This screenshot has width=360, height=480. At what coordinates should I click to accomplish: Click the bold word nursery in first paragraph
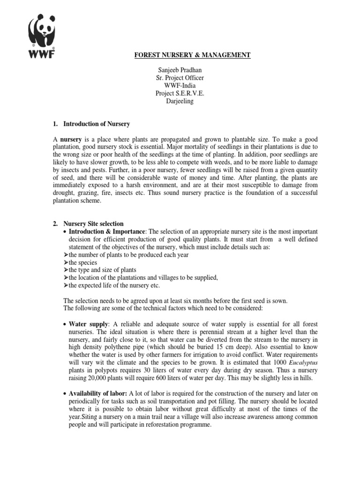tap(68, 140)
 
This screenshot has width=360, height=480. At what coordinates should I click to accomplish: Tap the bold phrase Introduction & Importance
tap(107, 232)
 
